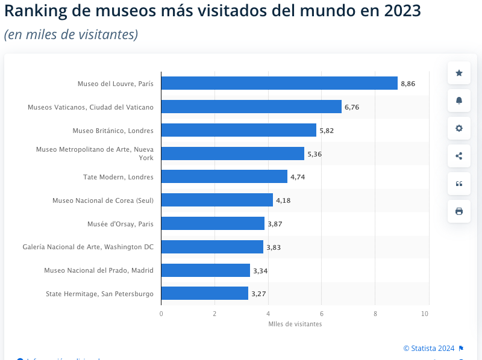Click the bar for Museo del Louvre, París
(279, 83)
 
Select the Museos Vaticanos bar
(251, 107)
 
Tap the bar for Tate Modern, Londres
(224, 176)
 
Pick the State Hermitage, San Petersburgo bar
(205, 293)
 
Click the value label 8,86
(408, 84)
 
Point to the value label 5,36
(315, 154)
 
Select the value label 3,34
(260, 271)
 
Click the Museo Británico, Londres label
(113, 131)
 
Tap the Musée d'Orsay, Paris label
(120, 224)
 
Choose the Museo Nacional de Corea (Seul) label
(102, 200)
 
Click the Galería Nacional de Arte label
(88, 247)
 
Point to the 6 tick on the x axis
(322, 314)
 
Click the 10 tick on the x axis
(425, 314)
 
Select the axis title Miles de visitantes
(295, 324)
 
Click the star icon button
(459, 73)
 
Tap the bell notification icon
(459, 101)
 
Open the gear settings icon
(459, 128)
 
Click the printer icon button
(459, 211)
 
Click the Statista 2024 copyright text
(429, 348)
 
